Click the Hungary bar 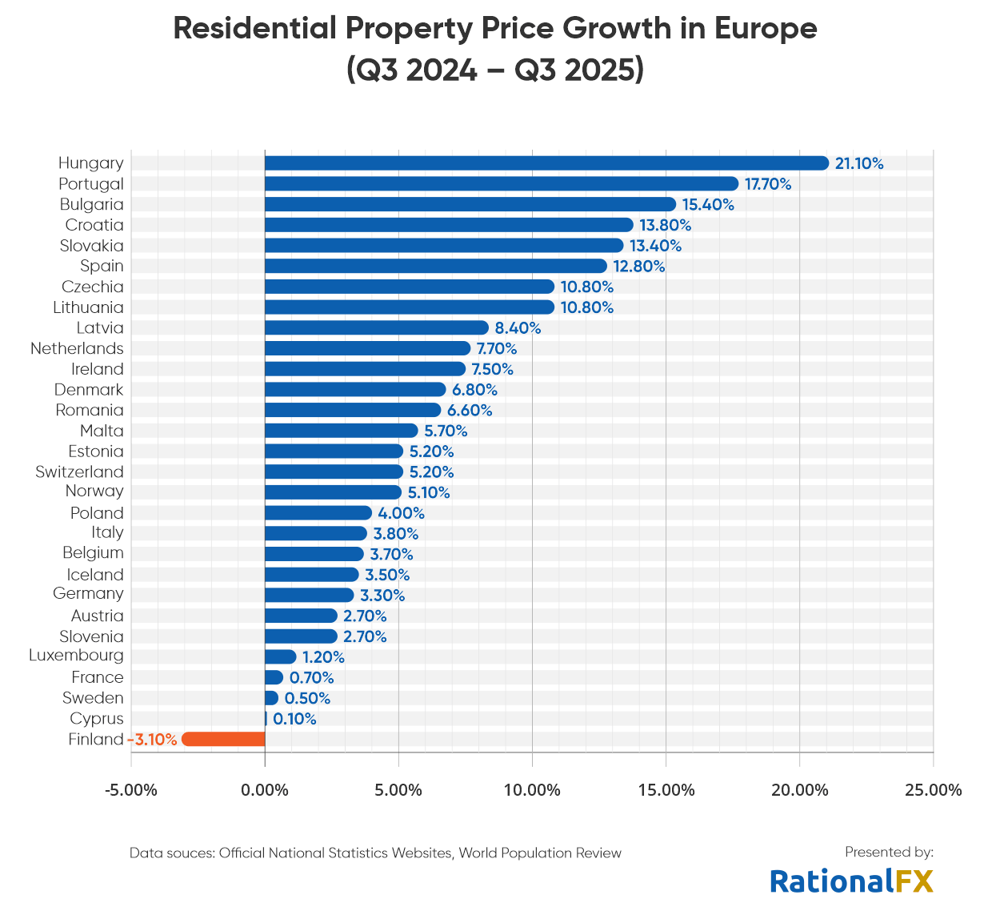[546, 163]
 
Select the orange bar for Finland [223, 739]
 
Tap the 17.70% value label [768, 184]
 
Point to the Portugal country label [91, 184]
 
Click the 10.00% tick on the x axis [532, 790]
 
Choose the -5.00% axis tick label [131, 790]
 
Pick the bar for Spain [436, 266]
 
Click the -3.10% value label [153, 739]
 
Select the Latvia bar [376, 327]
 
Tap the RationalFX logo [852, 881]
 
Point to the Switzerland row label [79, 472]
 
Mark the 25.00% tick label [933, 790]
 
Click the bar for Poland [318, 513]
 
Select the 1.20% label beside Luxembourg [323, 657]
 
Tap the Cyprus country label [97, 718]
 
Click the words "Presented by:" [889, 852]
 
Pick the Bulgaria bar [470, 204]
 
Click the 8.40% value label [518, 328]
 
